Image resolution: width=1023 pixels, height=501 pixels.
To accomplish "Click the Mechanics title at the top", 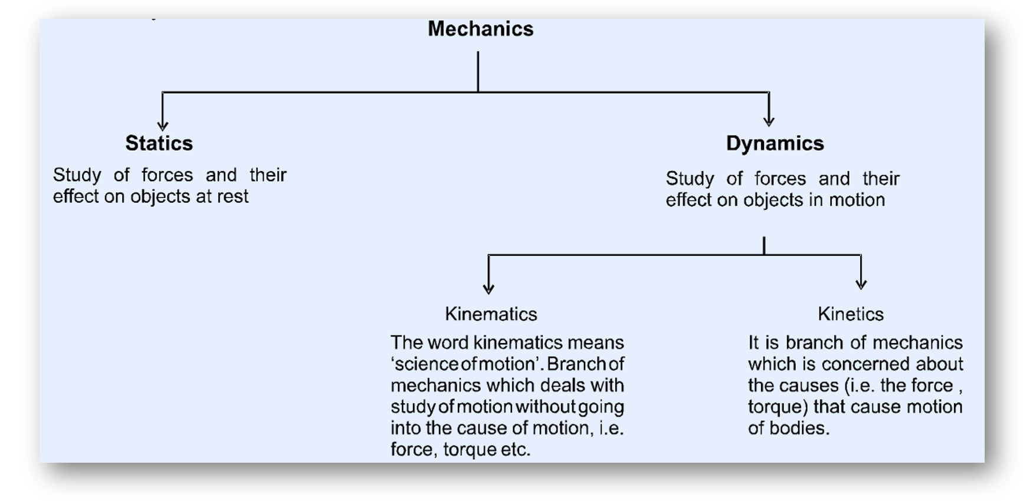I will [480, 29].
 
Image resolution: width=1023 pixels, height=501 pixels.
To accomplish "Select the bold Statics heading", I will [159, 143].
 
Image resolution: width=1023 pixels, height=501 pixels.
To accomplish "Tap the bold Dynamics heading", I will [775, 143].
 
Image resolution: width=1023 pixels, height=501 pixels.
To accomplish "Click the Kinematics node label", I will [491, 314].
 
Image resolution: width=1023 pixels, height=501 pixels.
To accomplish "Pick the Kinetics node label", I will [850, 314].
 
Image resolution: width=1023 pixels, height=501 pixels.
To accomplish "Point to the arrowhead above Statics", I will [163, 124].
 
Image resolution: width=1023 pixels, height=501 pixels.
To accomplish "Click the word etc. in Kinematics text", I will [516, 450].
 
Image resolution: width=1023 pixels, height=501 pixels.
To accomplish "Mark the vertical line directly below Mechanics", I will [478, 71].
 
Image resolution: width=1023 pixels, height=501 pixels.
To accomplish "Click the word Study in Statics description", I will [77, 175].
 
